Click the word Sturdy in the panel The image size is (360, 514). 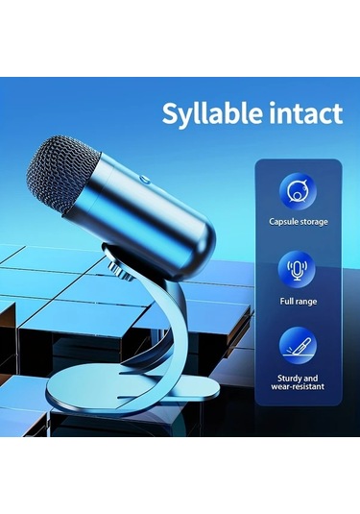point(282,379)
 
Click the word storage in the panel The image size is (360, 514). point(312,222)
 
